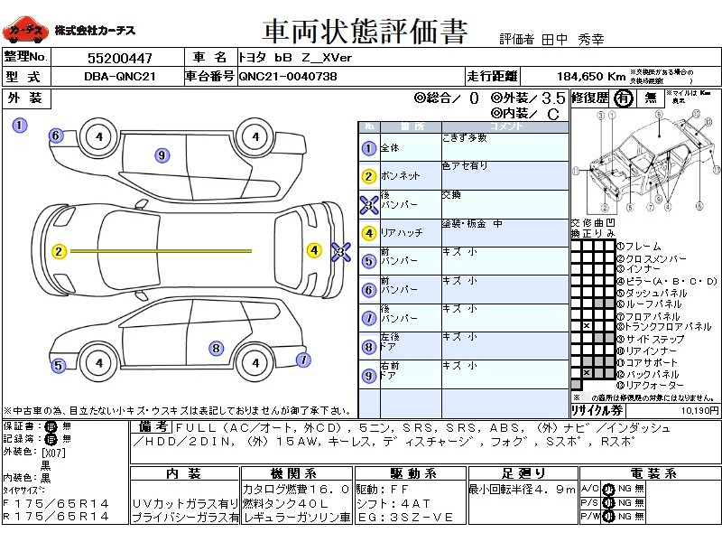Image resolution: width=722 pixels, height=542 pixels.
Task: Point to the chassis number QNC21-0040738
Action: coord(288,77)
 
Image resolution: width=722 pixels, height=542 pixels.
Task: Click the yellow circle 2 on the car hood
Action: coord(59,251)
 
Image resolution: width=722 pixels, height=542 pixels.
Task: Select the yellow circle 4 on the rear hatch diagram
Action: coord(314,250)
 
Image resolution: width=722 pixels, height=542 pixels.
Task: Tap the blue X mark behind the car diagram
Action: coord(340,252)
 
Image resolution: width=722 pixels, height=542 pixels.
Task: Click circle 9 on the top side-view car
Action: coord(162,155)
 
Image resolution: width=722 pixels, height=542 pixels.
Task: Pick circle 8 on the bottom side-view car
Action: coord(216,348)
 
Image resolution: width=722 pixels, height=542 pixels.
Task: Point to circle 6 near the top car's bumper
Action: coord(55,136)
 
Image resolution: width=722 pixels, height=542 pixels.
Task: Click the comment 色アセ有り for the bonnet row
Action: coord(465,166)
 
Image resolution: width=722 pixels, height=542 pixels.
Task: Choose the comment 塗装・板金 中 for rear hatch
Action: coord(472,224)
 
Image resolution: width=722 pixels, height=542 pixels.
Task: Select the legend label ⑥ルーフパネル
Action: coord(653,304)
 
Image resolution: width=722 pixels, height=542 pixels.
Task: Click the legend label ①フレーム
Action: coord(638,247)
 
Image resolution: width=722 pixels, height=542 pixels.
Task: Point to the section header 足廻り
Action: coord(523,473)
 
